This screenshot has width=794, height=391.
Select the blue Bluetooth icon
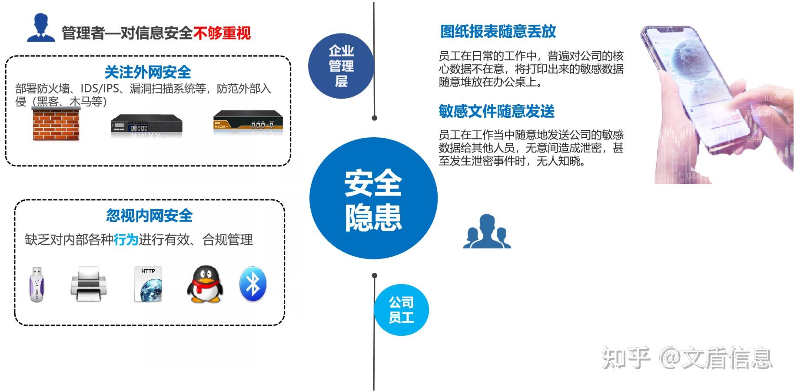(x=252, y=284)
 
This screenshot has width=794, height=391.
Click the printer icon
(x=89, y=284)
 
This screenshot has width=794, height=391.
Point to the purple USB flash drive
(x=37, y=284)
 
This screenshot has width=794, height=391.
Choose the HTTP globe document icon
(x=148, y=284)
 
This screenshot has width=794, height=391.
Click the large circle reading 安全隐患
(x=373, y=199)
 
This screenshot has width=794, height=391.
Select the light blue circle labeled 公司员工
(x=401, y=309)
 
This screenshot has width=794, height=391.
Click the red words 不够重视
(x=222, y=33)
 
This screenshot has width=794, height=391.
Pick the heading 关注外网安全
(x=148, y=72)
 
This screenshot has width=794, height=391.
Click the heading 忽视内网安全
(x=149, y=215)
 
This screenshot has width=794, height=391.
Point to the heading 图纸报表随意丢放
(x=498, y=31)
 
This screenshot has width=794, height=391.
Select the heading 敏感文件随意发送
(x=497, y=111)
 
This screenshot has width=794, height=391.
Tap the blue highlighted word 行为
(x=126, y=239)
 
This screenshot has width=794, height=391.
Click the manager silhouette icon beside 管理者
(x=41, y=28)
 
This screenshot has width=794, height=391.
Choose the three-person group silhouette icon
(x=487, y=231)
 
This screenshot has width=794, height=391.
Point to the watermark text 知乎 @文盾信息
(x=687, y=358)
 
